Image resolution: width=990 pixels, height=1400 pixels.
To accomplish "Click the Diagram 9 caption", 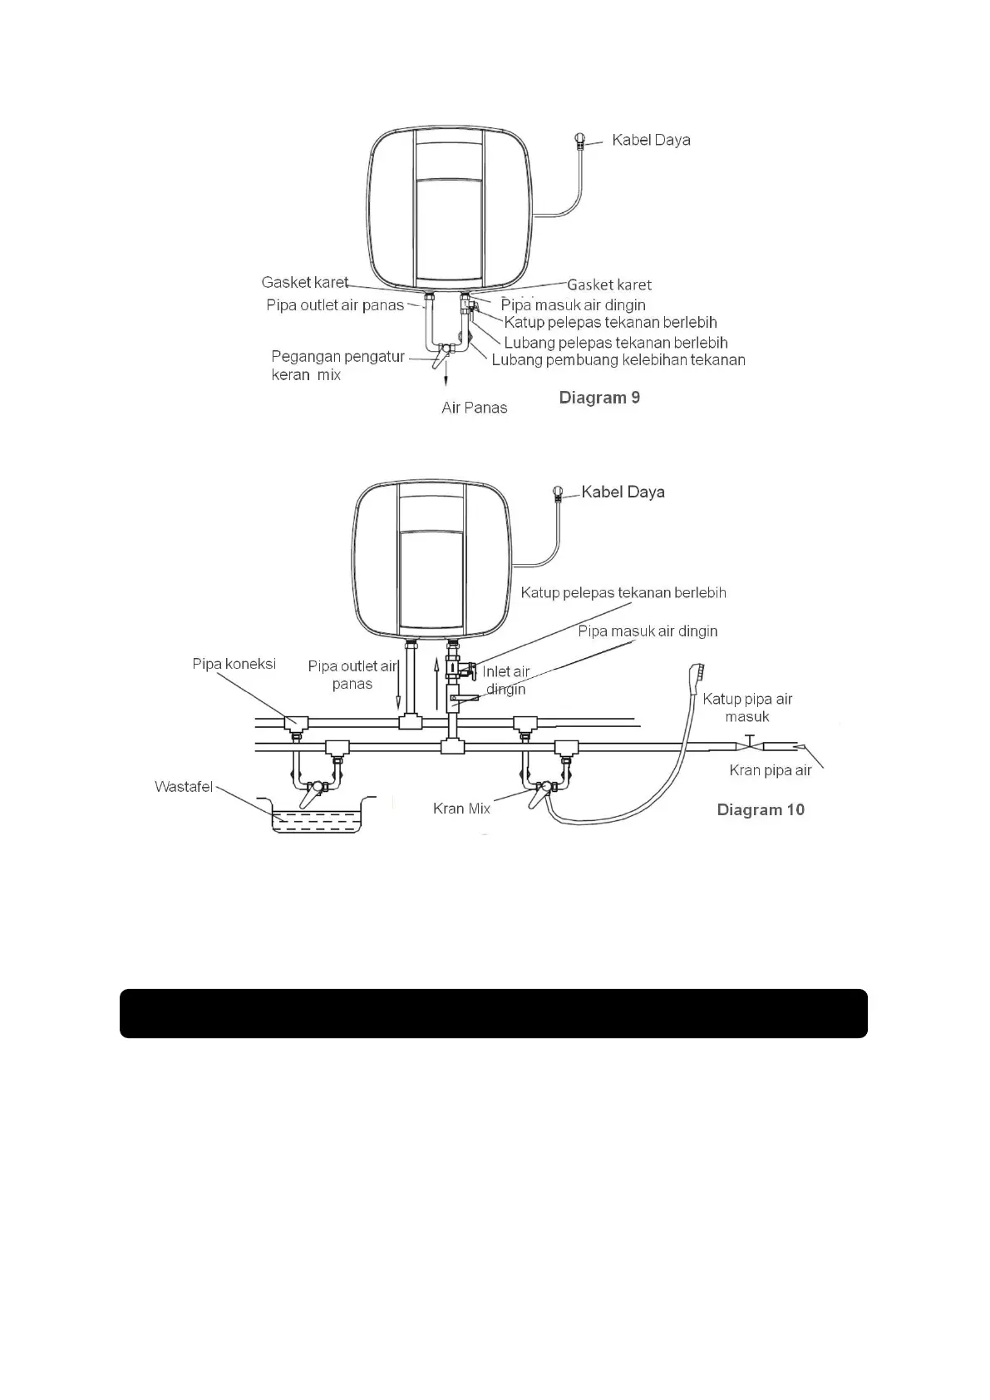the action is [599, 398].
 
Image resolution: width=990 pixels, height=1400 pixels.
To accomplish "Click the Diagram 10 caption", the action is [761, 810].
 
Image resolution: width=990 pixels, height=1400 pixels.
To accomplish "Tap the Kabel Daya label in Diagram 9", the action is [651, 140].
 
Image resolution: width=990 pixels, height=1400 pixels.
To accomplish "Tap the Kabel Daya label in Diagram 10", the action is [623, 492].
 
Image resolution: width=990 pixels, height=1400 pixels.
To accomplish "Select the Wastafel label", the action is [184, 787].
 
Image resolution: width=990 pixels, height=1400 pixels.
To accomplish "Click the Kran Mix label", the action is [461, 809].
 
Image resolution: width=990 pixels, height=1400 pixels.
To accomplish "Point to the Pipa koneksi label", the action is [234, 664].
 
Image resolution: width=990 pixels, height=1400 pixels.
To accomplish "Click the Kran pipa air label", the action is [770, 770].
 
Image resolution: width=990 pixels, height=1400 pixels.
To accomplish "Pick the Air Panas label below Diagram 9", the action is [474, 408].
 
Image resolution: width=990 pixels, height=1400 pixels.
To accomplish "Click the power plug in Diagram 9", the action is [580, 140].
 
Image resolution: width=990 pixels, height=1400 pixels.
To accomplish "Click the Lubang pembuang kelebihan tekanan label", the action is [618, 360].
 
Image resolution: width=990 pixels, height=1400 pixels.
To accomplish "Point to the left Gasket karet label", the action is [304, 283].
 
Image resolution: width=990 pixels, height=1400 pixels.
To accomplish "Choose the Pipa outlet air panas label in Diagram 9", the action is [334, 305].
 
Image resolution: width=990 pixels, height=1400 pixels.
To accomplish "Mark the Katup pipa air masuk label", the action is [747, 708].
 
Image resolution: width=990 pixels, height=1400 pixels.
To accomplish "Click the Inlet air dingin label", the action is [505, 680].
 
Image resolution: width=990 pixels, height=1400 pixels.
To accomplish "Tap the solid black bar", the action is [494, 1013].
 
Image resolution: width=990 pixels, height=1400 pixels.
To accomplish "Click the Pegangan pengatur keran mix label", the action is [337, 365].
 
